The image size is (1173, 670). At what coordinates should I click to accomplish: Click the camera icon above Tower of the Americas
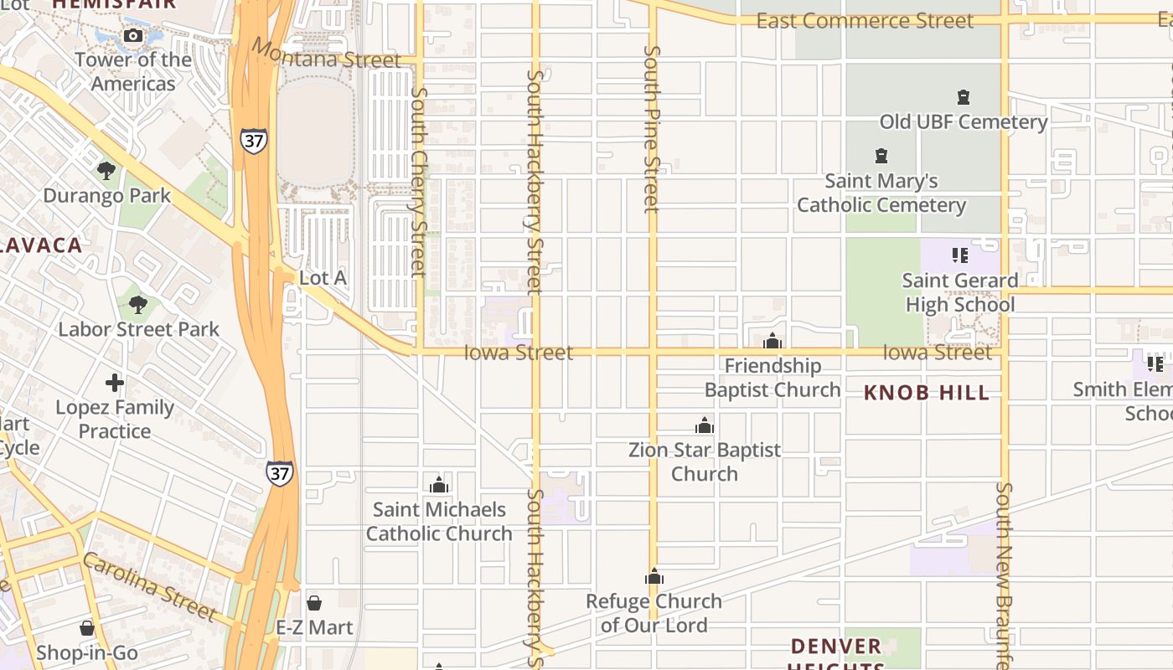[132, 35]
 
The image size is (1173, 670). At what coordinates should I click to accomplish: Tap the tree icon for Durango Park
[106, 171]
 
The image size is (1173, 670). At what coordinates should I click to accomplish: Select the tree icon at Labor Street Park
[138, 305]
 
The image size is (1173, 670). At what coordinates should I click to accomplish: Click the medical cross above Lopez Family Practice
[115, 384]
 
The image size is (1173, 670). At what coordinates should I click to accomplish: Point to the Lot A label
[323, 278]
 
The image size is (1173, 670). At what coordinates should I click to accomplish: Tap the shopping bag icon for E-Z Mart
[314, 603]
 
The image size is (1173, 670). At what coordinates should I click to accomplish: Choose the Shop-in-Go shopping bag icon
[87, 628]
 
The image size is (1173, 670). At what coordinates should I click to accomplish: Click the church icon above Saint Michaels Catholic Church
[439, 485]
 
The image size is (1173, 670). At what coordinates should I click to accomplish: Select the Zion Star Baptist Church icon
[705, 425]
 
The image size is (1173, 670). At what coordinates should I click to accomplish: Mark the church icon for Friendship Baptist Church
[773, 341]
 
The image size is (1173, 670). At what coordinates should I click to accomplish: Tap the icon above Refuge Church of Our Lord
[654, 576]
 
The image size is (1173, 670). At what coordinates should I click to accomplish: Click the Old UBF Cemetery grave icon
[964, 97]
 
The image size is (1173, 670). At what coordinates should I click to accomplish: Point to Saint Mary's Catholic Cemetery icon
[881, 156]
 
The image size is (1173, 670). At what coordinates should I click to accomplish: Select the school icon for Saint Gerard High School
[960, 255]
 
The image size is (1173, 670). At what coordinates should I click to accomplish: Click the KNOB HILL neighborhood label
[927, 393]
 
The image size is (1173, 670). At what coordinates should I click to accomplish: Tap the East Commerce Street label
[865, 21]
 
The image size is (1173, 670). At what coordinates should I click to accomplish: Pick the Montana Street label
[327, 54]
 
